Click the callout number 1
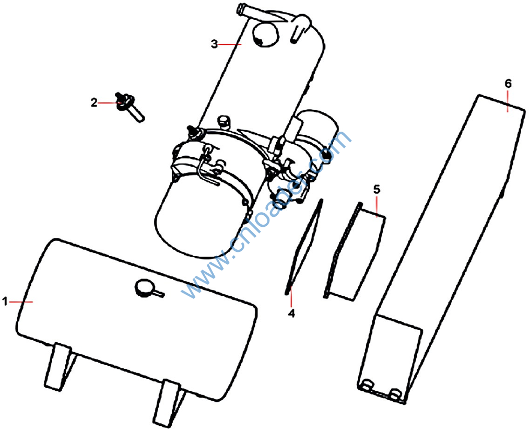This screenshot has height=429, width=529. click(x=5, y=302)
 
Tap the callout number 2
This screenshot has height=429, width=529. click(x=94, y=102)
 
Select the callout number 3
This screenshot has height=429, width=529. click(x=215, y=44)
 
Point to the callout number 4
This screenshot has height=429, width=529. click(x=291, y=313)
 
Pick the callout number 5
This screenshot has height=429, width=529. click(x=377, y=189)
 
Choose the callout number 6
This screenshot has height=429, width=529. click(x=508, y=84)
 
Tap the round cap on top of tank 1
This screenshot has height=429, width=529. click(x=145, y=288)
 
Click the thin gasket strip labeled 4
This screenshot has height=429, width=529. click(x=303, y=247)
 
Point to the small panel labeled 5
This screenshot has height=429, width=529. click(x=354, y=251)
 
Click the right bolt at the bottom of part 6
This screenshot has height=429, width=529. click(x=395, y=393)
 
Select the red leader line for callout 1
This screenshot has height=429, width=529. click(x=21, y=302)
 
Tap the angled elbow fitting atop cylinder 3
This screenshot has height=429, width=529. click(x=300, y=28)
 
